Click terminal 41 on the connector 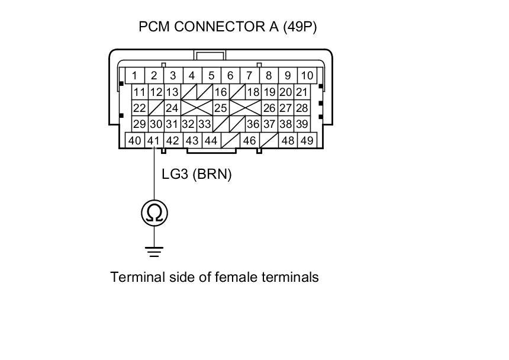154,141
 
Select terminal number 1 135,76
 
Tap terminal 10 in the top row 307,76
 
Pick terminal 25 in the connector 221,108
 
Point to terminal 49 307,141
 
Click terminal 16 221,92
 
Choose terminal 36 253,124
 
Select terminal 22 140,108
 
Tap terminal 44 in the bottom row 211,141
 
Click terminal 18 253,92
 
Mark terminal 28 302,108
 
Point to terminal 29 140,124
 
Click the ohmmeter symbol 154,213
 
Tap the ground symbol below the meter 154,251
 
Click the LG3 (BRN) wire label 196,175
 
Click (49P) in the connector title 299,27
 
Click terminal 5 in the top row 211,76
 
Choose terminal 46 249,141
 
